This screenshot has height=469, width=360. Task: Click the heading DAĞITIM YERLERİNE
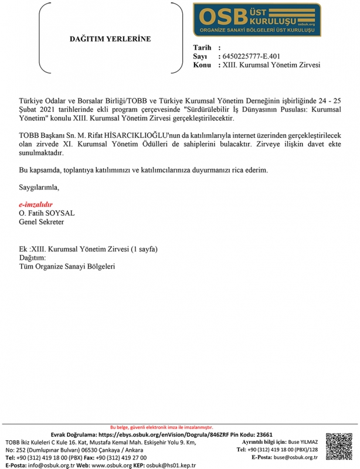110,39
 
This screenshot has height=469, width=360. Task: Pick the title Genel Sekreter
42,222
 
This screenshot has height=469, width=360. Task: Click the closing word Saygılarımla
39,188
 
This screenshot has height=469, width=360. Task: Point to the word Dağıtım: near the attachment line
33,257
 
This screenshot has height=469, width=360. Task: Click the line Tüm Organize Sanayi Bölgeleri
67,266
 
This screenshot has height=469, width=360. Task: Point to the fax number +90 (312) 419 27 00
124,457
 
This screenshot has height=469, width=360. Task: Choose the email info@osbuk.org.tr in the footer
47,465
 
